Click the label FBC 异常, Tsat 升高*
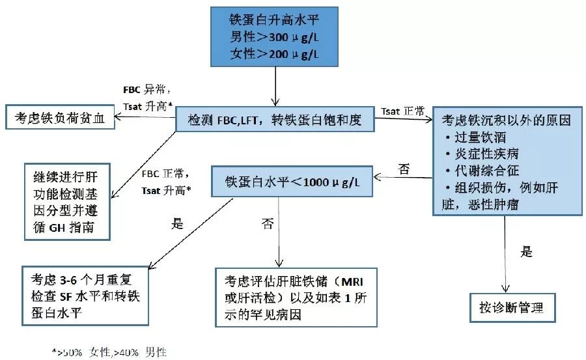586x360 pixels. [148, 97]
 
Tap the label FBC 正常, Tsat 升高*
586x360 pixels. [167, 182]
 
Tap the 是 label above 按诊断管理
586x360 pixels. [527, 251]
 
